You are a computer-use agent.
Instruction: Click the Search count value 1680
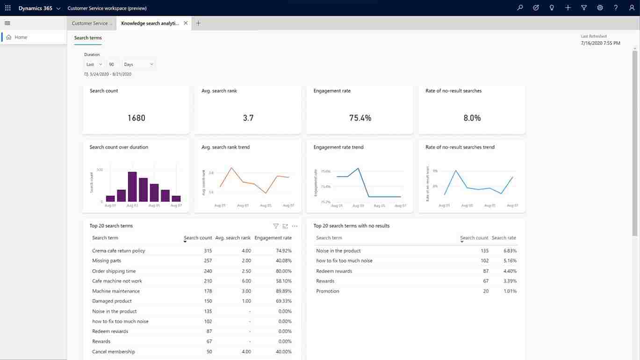pos(136,118)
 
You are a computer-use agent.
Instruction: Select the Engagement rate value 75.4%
pos(360,118)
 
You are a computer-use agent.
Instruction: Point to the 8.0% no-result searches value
pos(472,118)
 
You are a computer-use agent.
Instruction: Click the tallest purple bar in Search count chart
pos(132,187)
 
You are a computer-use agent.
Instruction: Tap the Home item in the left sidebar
pos(21,37)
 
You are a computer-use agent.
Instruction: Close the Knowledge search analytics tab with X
pos(186,23)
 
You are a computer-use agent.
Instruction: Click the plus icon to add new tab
pos(198,23)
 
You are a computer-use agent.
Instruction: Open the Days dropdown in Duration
pos(138,65)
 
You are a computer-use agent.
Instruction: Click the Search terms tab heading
pos(88,38)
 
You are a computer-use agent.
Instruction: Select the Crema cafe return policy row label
pos(119,251)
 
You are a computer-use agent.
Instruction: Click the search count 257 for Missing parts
pos(208,261)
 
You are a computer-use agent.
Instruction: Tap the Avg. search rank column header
pos(233,238)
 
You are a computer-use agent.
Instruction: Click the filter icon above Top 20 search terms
pos(276,226)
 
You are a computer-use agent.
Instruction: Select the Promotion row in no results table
pos(328,291)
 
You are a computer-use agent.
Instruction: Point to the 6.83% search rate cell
pos(510,251)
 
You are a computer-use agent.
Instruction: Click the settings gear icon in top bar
pos(600,8)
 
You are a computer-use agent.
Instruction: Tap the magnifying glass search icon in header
pos(520,8)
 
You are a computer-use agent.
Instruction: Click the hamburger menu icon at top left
pos(7,23)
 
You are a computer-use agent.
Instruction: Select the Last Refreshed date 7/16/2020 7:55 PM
pos(600,43)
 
